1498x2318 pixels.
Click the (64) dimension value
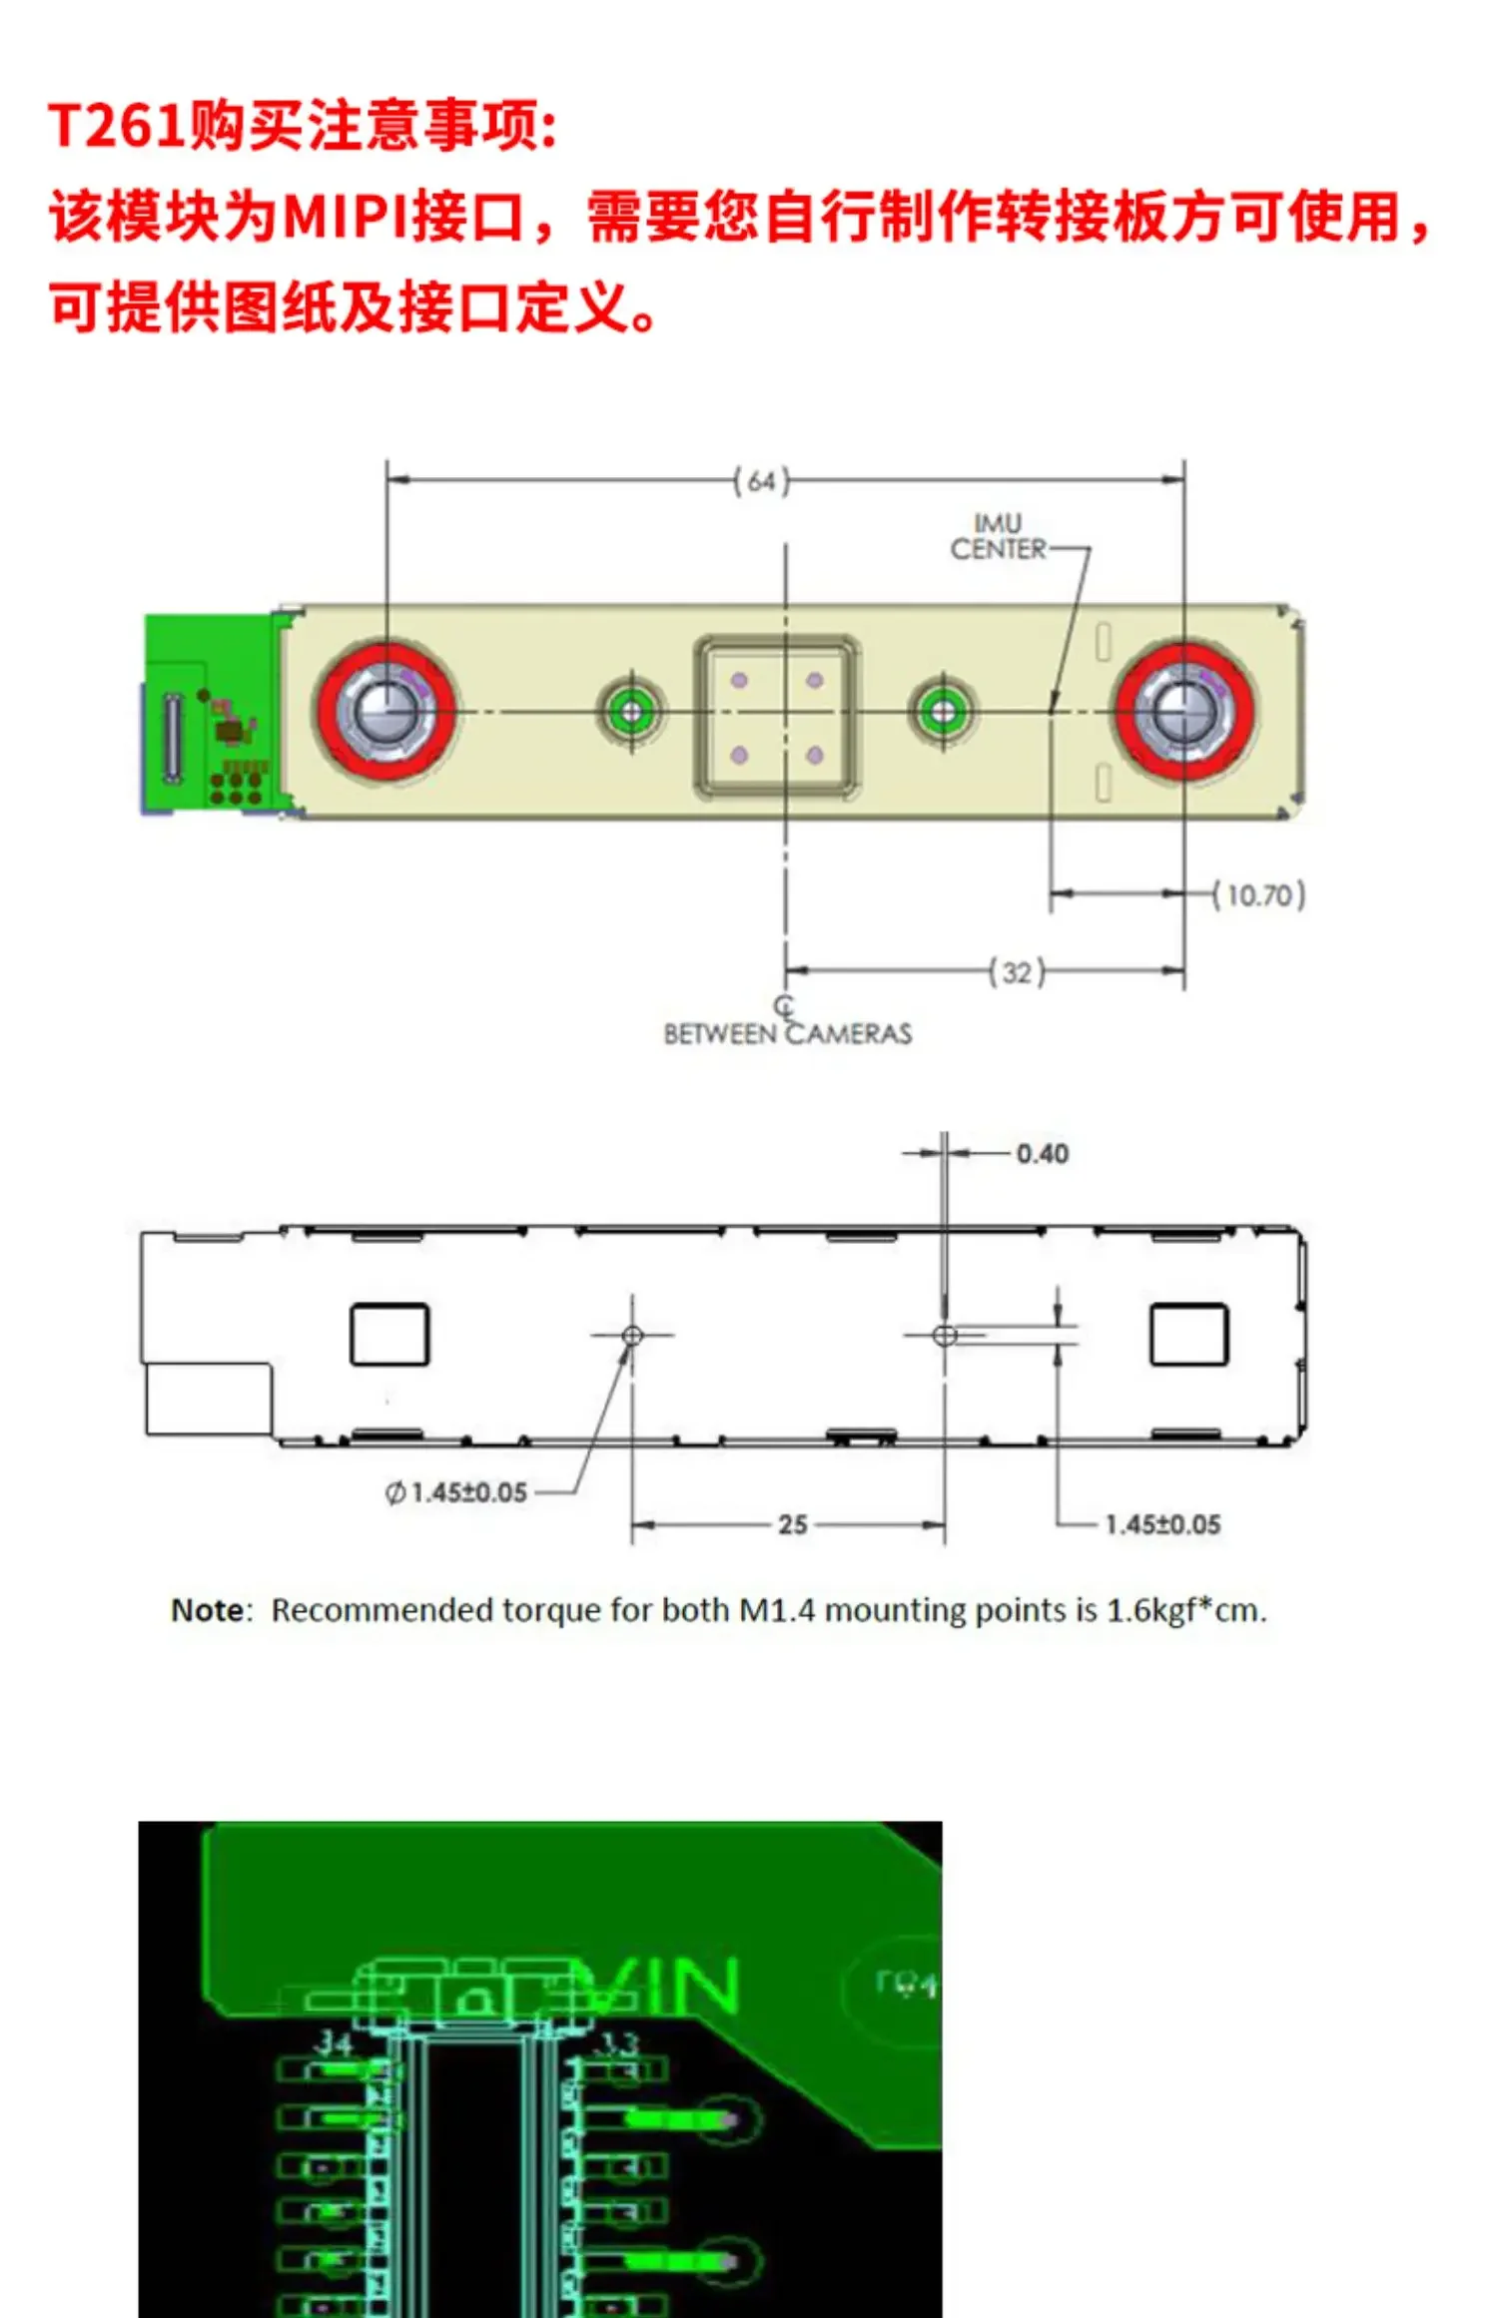coord(761,481)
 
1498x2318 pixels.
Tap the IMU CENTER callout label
coord(998,537)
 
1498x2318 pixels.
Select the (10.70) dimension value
coord(1259,894)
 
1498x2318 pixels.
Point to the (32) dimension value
coord(1017,971)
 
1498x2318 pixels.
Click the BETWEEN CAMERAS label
coord(787,1033)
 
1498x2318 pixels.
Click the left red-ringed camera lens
coord(385,711)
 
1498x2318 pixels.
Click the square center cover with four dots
coord(777,718)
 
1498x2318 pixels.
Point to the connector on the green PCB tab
coord(172,737)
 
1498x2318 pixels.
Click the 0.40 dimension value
coord(1042,1154)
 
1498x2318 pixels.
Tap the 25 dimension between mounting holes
coord(792,1524)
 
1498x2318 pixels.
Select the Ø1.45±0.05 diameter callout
coord(456,1492)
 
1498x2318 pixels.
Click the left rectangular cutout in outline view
coord(388,1334)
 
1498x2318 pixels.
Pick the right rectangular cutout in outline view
coord(1188,1334)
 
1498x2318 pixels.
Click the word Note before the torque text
coord(207,1610)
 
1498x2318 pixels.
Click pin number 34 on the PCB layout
coord(333,2044)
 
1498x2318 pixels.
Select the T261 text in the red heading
coord(116,127)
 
